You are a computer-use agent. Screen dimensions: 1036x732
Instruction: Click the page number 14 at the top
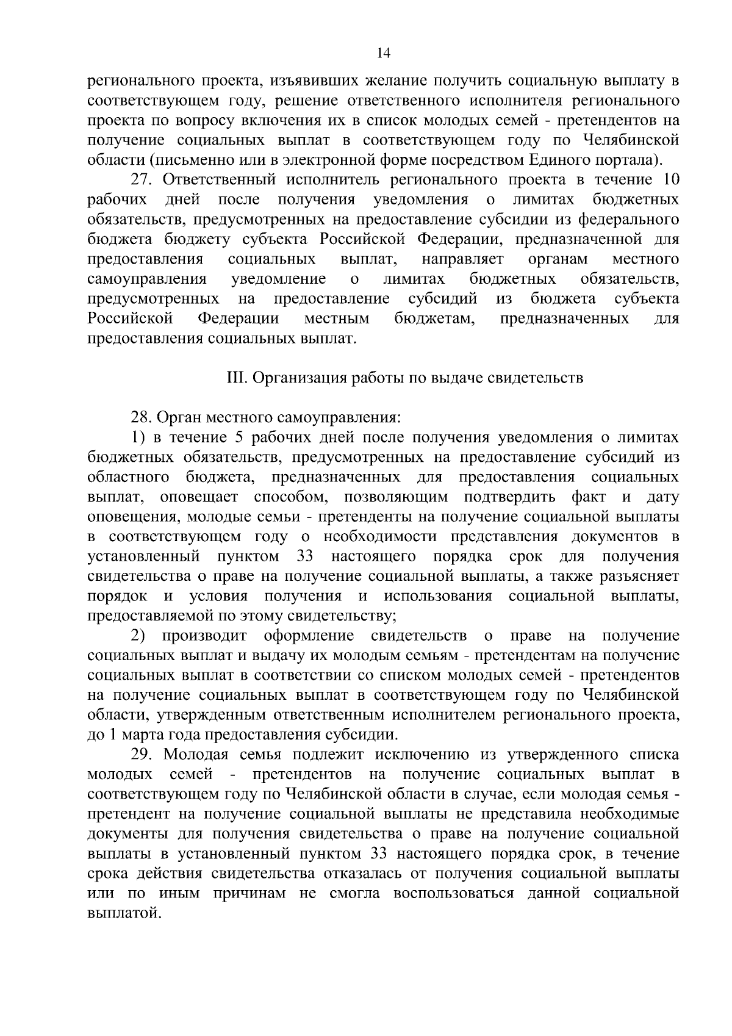coord(383,53)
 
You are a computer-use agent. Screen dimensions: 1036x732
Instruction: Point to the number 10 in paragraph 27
coord(670,181)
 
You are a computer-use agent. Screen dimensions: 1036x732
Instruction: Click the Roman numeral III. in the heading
coord(235,378)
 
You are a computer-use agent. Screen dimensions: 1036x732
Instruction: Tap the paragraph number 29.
coord(142,755)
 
